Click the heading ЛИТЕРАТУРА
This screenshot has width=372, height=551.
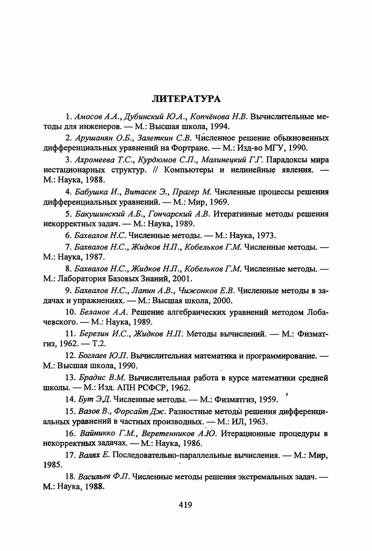[x=186, y=100]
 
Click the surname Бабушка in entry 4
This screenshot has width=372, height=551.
[x=91, y=191]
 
